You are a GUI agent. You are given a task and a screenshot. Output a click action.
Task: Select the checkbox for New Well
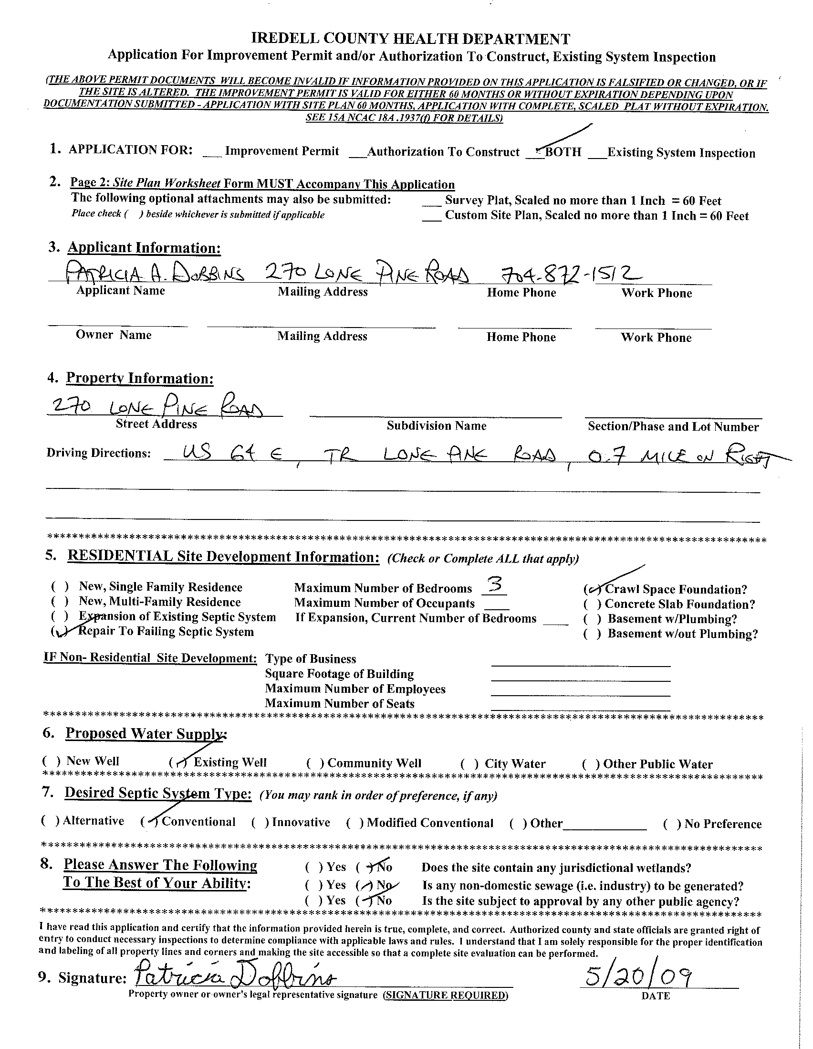point(52,761)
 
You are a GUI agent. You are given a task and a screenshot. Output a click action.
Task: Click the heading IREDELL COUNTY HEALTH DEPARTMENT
point(411,39)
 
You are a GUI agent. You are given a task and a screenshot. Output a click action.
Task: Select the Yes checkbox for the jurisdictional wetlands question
point(314,867)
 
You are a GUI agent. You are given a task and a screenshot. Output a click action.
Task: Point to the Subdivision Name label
point(436,425)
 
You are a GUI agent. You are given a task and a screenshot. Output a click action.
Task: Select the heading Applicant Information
point(144,248)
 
